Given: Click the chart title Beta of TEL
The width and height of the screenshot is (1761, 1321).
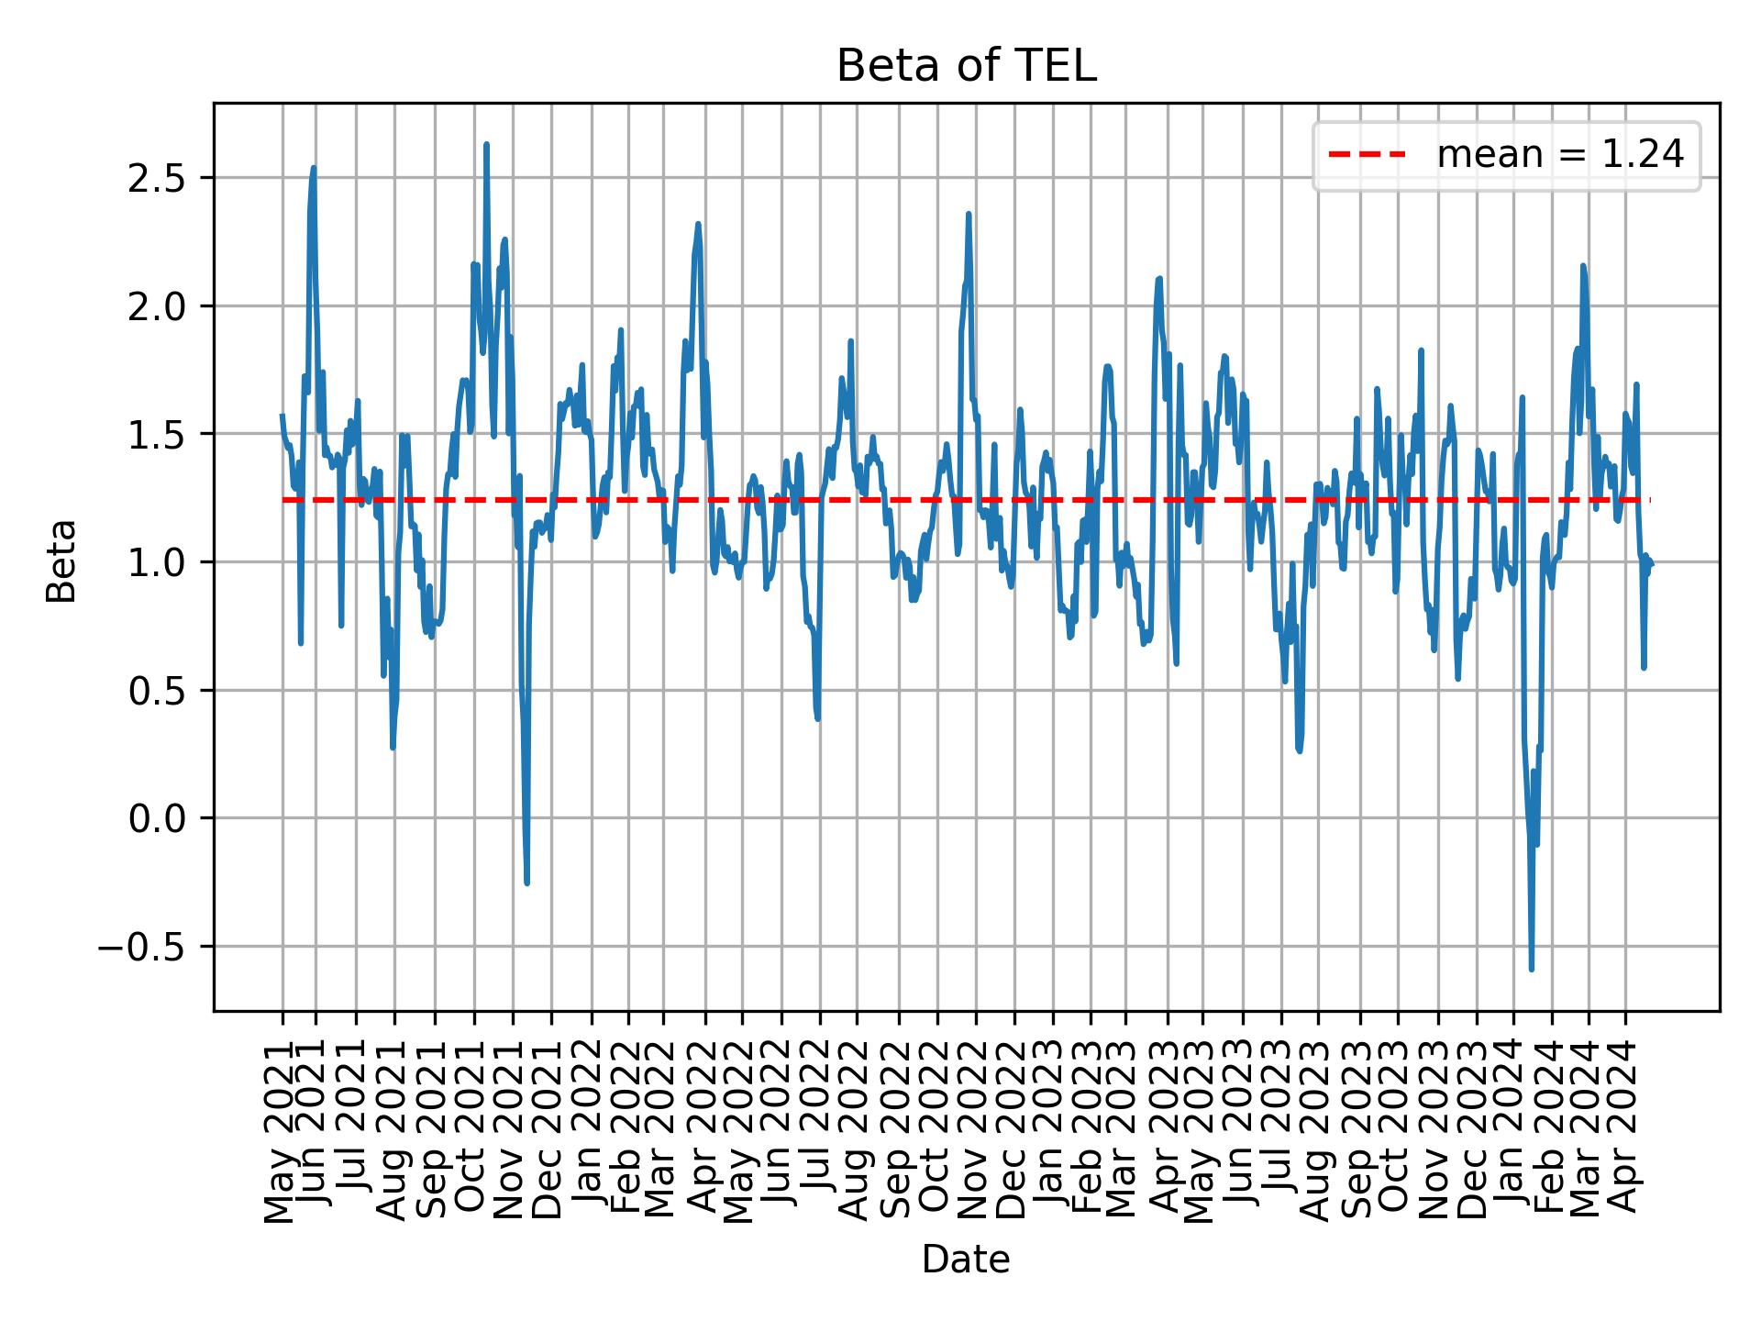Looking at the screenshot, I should click(x=966, y=67).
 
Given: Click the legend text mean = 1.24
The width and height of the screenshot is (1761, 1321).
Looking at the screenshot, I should click(x=1560, y=155).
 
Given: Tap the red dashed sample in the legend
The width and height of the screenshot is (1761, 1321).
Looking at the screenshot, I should click(x=1367, y=155).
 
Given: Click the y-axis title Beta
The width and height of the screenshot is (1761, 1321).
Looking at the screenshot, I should click(x=61, y=561).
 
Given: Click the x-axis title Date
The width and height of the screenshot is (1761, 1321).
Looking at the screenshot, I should click(x=966, y=1260).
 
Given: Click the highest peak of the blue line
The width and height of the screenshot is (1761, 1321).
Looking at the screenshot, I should click(x=486, y=144).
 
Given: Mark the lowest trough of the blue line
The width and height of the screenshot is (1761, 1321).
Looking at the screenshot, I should click(x=1531, y=969).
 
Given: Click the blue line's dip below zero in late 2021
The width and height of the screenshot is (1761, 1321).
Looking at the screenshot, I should click(x=526, y=883).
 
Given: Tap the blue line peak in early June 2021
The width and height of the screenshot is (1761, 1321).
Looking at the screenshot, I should click(x=314, y=168).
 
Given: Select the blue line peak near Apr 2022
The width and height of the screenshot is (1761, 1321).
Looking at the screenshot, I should click(x=698, y=224).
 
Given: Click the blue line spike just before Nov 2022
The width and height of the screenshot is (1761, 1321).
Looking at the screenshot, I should click(x=968, y=214).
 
